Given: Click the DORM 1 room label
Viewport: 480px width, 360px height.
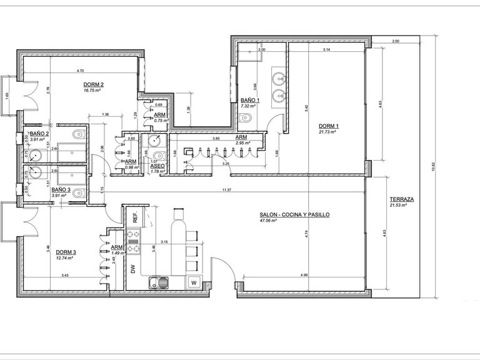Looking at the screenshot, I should (x=327, y=125).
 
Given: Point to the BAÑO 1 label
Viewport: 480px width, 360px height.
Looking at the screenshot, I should (x=249, y=100).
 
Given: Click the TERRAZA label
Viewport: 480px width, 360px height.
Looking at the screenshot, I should (x=397, y=198).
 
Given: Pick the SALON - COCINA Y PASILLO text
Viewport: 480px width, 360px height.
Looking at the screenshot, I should (x=294, y=214).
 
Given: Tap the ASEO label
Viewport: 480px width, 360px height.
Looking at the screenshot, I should (x=157, y=166).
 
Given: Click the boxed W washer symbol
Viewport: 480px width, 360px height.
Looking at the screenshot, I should (x=194, y=281).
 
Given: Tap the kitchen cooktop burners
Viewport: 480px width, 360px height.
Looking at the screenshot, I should (x=133, y=242).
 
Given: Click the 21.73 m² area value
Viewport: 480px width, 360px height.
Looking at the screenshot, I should (x=327, y=132).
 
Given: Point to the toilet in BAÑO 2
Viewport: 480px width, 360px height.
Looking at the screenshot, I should (x=77, y=134).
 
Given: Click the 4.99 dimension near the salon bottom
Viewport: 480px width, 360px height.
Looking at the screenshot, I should (x=304, y=275).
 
